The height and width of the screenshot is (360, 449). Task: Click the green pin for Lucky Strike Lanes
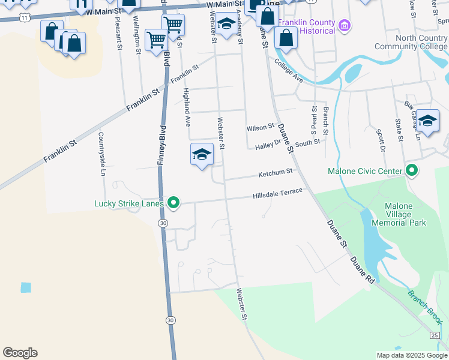click(173, 204)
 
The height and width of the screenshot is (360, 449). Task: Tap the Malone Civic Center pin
click(411, 172)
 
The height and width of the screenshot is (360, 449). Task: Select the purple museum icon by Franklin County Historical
click(344, 26)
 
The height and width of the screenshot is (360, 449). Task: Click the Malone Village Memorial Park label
click(399, 214)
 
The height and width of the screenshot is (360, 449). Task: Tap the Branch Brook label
click(425, 304)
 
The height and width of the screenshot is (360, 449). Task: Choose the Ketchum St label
click(275, 173)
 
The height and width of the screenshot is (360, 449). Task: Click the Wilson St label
click(260, 128)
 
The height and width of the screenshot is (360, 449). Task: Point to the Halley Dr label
click(268, 145)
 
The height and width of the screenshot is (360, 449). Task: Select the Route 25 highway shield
click(434, 334)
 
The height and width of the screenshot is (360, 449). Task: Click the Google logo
click(20, 353)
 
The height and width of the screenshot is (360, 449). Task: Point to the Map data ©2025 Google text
click(411, 355)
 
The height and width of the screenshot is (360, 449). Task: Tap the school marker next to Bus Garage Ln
click(427, 121)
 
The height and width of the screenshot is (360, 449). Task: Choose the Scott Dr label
click(381, 140)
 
